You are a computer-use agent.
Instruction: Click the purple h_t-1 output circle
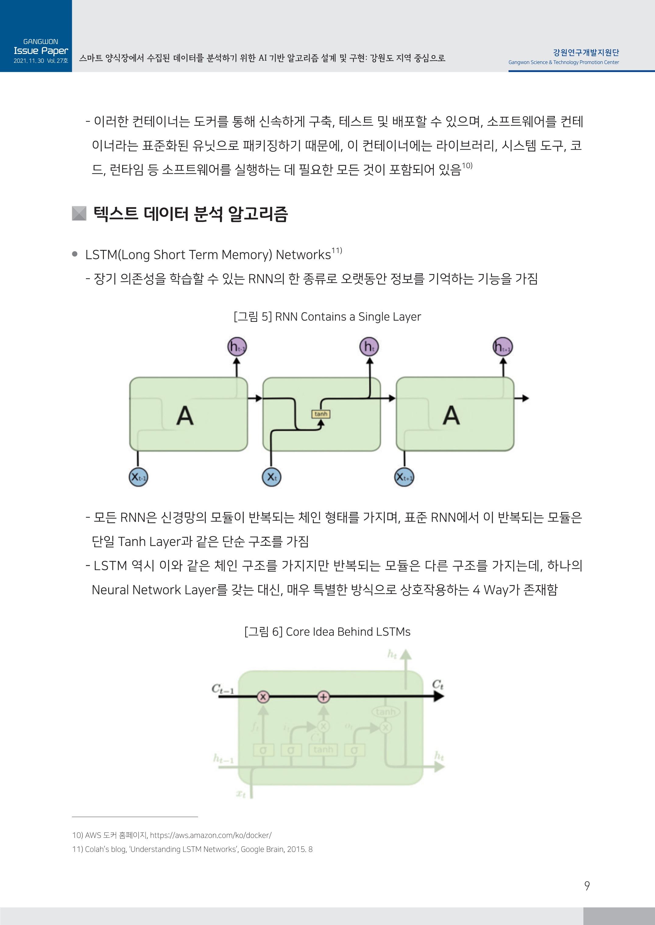(x=237, y=347)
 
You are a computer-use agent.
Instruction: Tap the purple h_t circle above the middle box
(x=369, y=347)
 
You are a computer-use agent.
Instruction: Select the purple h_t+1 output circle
(x=503, y=347)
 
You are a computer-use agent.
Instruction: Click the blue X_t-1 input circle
(x=138, y=477)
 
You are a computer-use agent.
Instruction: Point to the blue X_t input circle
(x=271, y=477)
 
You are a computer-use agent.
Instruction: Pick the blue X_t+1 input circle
(x=404, y=477)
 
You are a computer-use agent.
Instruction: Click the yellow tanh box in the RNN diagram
(x=320, y=414)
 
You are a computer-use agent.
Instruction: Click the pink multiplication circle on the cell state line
(x=263, y=696)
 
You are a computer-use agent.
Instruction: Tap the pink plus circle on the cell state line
(x=324, y=696)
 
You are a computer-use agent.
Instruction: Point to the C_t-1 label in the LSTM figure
(x=222, y=688)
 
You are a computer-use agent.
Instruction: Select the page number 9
(x=587, y=886)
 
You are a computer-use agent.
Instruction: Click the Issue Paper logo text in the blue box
(x=41, y=51)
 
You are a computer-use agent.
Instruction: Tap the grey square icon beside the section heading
(x=79, y=213)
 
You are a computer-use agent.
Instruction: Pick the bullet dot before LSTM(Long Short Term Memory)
(x=75, y=254)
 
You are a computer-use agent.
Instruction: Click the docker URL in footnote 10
(x=211, y=835)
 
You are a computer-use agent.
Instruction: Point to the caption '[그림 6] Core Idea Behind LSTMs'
(x=327, y=632)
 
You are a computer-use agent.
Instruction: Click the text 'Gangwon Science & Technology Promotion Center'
(x=563, y=62)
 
